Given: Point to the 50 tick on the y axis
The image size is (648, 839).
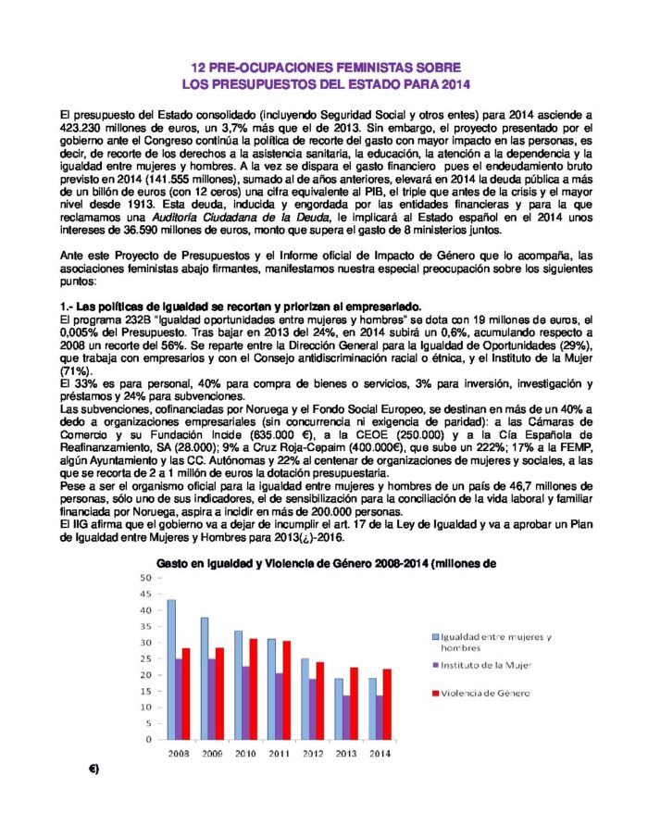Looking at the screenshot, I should coord(146,578).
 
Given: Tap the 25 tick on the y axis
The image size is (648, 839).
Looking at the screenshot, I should coord(146,658).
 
